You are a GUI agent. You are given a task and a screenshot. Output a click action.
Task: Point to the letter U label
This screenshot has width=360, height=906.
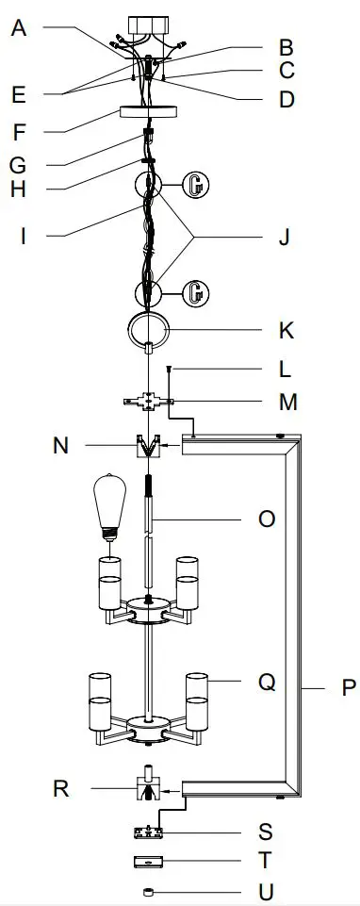(268, 891)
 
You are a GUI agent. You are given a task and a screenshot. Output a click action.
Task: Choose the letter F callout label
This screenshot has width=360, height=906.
(20, 130)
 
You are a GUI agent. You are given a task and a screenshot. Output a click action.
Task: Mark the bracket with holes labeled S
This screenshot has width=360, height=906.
(149, 832)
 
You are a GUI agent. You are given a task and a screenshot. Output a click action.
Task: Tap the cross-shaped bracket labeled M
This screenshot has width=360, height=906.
(147, 404)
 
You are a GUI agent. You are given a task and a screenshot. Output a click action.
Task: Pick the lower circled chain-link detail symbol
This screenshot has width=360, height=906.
(194, 292)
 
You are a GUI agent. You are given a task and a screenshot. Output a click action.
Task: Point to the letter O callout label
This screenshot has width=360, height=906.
(267, 519)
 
